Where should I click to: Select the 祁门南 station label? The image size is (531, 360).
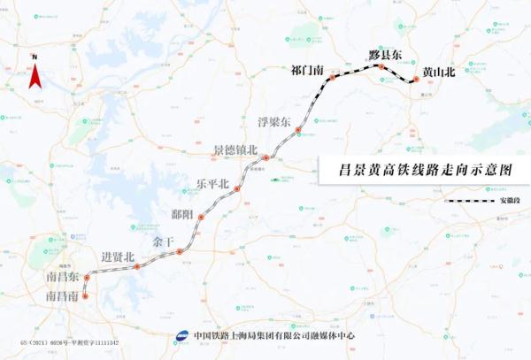click(308, 70)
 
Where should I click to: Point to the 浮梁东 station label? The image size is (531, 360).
click(273, 122)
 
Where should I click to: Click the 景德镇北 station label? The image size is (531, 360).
click(235, 150)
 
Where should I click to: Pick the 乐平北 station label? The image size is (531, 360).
click(212, 184)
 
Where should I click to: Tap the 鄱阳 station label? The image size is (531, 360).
click(184, 214)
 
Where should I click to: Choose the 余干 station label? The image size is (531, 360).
click(164, 241)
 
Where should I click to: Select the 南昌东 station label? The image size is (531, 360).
click(63, 278)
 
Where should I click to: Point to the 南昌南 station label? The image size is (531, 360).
click(63, 296)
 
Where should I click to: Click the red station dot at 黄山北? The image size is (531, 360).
click(413, 81)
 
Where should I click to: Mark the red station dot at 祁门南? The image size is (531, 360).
click(333, 78)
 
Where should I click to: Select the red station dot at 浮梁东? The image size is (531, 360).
click(298, 130)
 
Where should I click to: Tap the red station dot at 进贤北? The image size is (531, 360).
click(137, 265)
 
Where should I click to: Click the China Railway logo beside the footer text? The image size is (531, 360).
click(182, 336)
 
